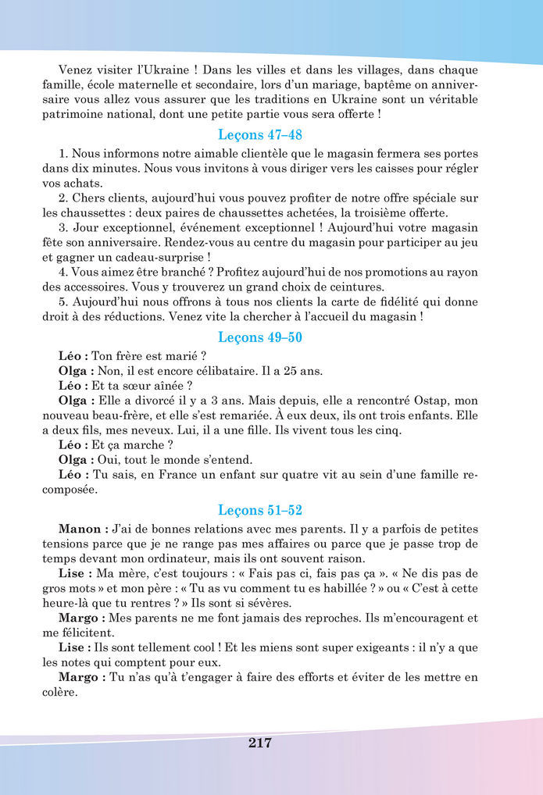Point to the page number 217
(x=260, y=743)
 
